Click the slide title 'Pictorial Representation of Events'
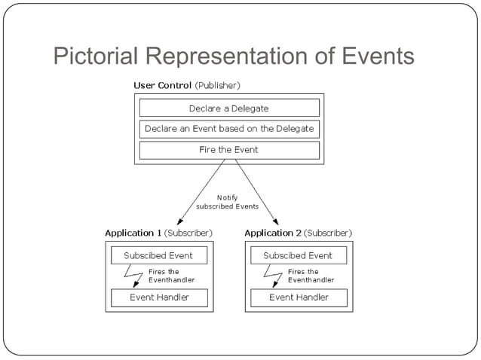coord(234,57)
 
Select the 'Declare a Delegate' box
coord(229,108)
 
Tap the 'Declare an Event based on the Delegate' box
coord(229,129)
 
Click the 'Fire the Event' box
coord(229,150)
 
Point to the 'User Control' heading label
coord(162,85)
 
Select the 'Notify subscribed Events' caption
coord(227,202)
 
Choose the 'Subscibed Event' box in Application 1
coord(159,255)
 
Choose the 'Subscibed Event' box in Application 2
coord(298,255)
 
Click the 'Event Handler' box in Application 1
coord(159,297)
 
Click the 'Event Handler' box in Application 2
coord(298,297)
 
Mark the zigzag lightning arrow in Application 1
coord(133,276)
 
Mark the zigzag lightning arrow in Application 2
coord(272,276)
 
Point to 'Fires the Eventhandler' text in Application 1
coord(171,276)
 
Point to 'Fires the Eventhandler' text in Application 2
coord(311,276)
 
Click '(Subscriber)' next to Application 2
coord(328,233)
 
